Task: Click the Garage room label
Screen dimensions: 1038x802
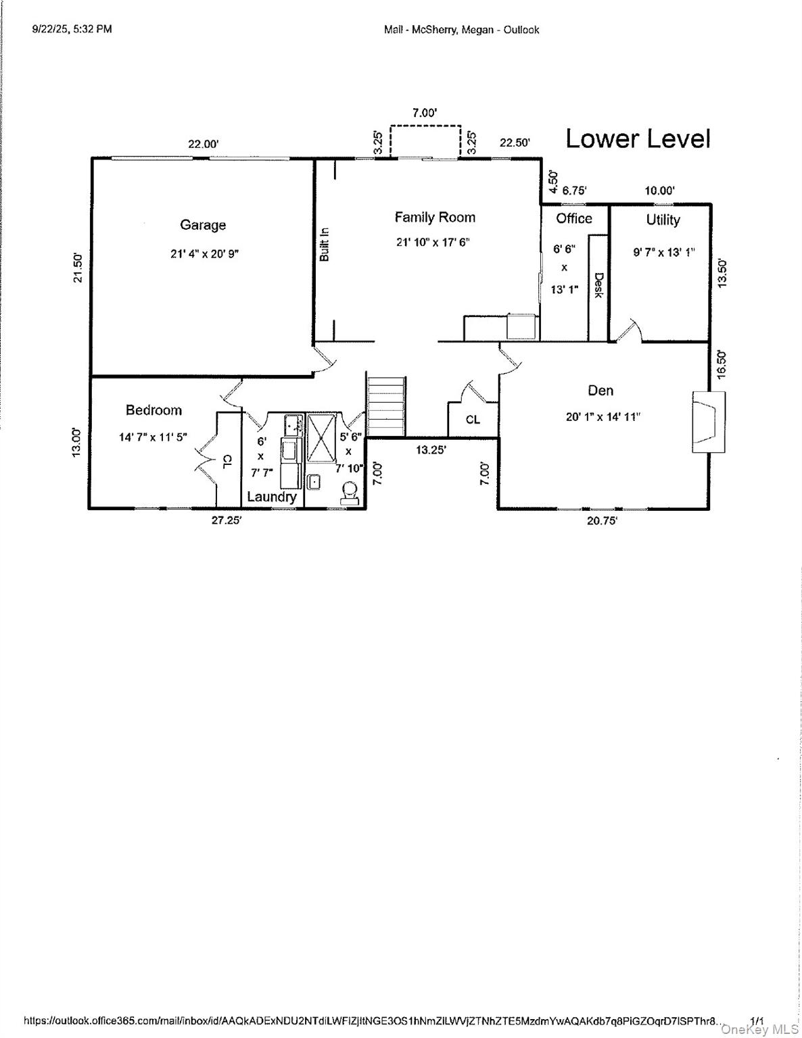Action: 202,225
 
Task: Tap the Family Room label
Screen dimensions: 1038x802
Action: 435,217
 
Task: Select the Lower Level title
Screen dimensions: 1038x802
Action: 638,139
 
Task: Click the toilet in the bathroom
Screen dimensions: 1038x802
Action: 350,492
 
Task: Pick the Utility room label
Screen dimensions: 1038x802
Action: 663,220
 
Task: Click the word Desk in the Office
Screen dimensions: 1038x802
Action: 598,285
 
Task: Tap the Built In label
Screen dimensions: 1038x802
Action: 325,244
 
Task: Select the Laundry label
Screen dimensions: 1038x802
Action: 271,497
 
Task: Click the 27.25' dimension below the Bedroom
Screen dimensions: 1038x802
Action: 226,521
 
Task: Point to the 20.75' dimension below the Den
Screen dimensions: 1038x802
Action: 602,521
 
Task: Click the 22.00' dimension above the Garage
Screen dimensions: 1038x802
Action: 203,144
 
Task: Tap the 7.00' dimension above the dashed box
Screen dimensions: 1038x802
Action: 425,113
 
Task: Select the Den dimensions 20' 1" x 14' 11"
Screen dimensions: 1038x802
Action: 603,417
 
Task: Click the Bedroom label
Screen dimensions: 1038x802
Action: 154,410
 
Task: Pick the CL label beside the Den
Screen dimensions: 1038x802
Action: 473,420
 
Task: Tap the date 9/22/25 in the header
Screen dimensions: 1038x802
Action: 51,29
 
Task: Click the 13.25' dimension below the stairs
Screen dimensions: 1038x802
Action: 431,450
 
